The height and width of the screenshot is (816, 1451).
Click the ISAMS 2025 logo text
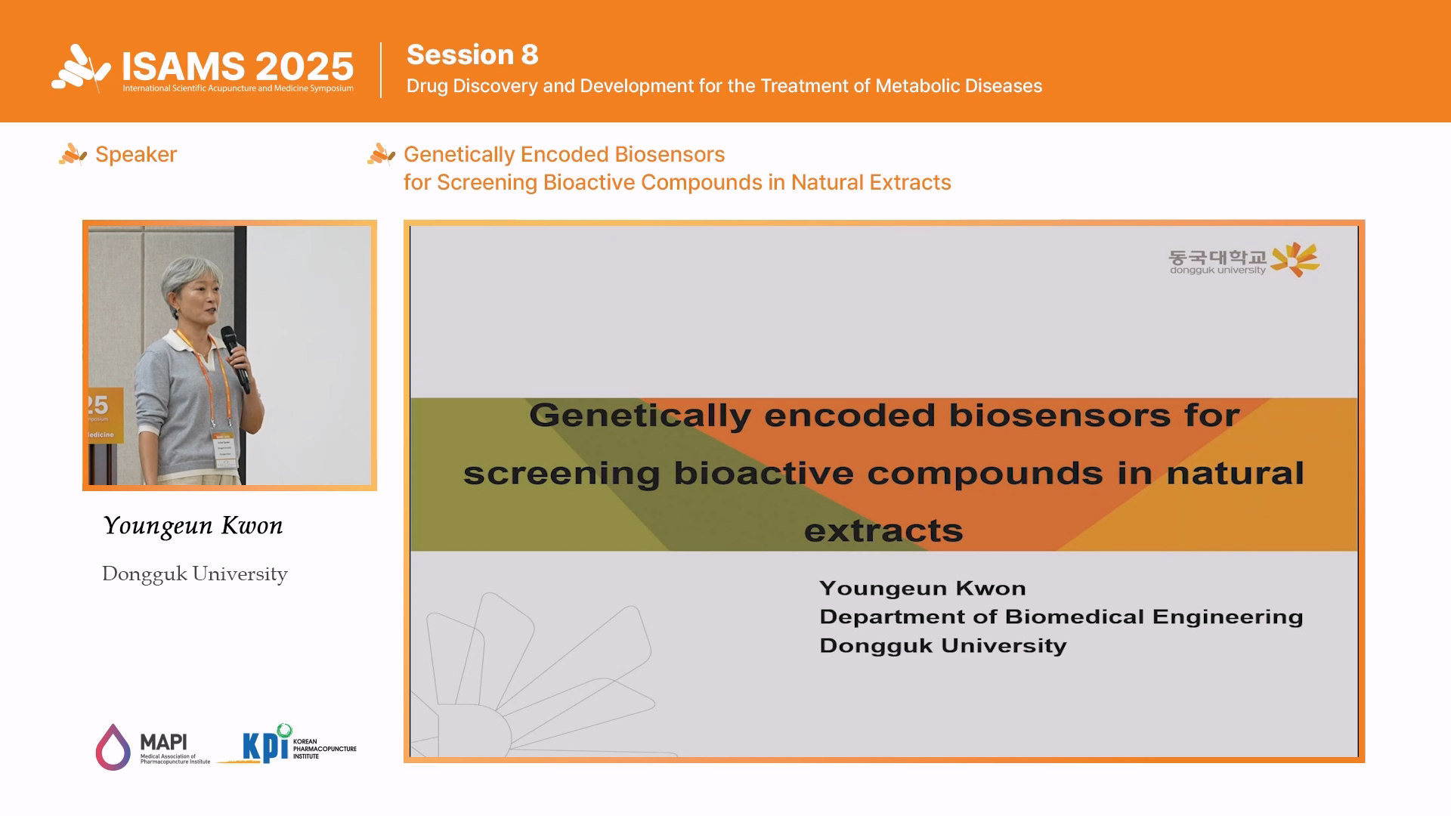[237, 66]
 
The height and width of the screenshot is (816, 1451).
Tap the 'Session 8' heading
[472, 54]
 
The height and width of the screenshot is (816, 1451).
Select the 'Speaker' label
[136, 154]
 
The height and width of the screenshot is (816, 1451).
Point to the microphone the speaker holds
[235, 358]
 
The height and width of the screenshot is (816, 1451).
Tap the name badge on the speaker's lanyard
[224, 450]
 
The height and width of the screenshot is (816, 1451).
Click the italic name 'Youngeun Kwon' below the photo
[193, 526]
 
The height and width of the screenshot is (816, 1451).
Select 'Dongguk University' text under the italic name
[195, 574]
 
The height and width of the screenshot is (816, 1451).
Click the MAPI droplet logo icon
[113, 747]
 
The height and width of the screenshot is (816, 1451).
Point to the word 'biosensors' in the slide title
[1060, 416]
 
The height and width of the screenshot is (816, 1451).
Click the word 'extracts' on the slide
[883, 531]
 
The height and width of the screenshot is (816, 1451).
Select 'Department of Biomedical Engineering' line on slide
[1061, 617]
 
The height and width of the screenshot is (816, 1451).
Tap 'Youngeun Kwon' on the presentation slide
[923, 589]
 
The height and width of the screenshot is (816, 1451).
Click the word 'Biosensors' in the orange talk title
[670, 154]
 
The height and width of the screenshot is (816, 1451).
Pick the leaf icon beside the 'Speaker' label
[73, 154]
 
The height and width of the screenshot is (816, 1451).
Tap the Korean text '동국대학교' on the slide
[1217, 258]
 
